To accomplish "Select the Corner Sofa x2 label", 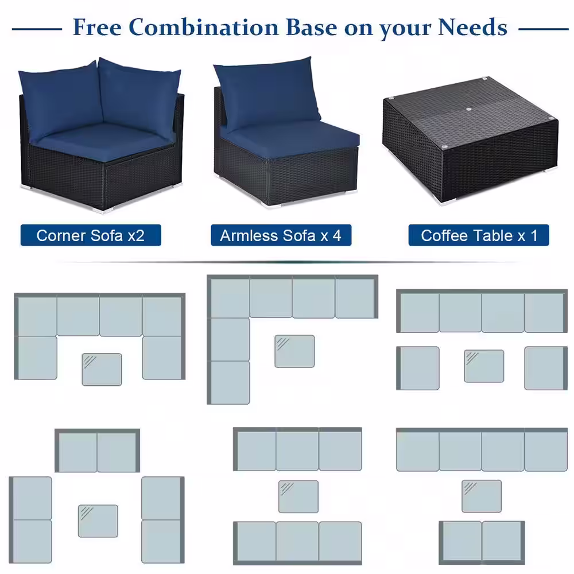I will [90, 235].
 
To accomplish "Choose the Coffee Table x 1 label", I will [479, 235].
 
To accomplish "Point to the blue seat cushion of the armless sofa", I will [298, 138].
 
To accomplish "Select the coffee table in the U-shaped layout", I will [102, 369].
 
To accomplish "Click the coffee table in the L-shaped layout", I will [294, 351].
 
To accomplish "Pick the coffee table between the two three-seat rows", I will [298, 497].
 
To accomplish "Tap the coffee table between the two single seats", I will [484, 366].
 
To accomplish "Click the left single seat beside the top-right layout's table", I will [418, 368].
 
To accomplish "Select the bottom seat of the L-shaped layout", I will [229, 382].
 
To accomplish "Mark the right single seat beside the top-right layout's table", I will [545, 368].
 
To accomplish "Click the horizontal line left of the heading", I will [37, 28].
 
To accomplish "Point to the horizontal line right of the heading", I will [543, 28].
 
